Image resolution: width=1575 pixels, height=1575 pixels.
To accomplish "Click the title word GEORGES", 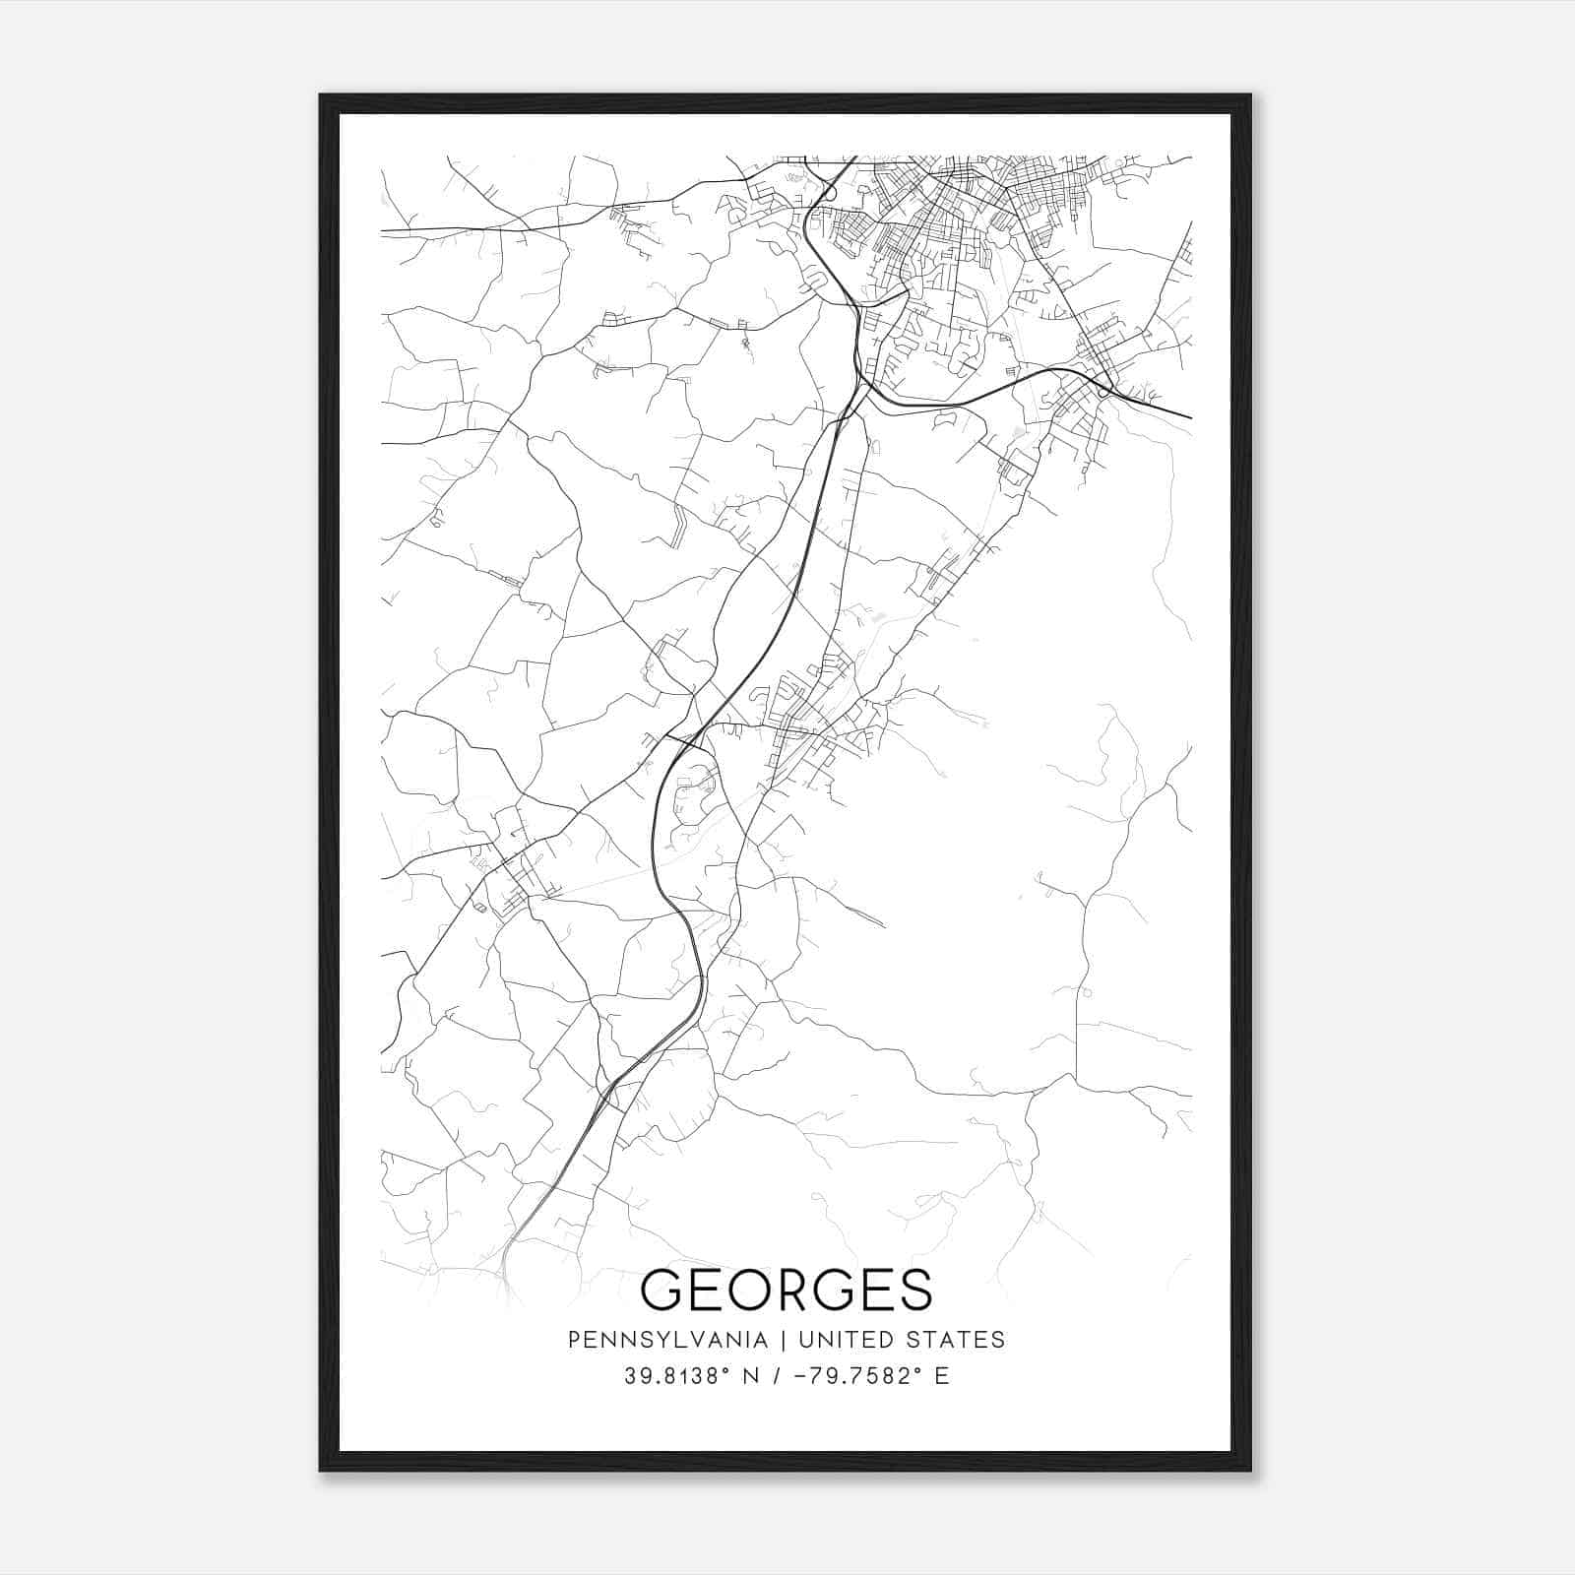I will (x=787, y=1290).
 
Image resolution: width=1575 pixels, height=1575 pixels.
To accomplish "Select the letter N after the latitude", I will (x=756, y=1376).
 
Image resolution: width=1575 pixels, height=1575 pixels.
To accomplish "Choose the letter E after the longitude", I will (x=942, y=1376).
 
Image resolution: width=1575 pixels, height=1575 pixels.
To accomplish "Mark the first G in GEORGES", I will (x=661, y=1290).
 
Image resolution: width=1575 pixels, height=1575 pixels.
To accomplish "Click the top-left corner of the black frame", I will (x=321, y=95).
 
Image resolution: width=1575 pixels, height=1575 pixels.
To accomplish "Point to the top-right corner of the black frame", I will (x=1250, y=95).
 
